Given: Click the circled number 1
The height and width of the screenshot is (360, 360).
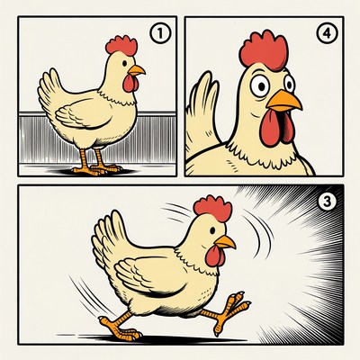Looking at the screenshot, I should [x=159, y=35].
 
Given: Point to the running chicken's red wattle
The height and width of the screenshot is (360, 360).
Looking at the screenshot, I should [x=214, y=257].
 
